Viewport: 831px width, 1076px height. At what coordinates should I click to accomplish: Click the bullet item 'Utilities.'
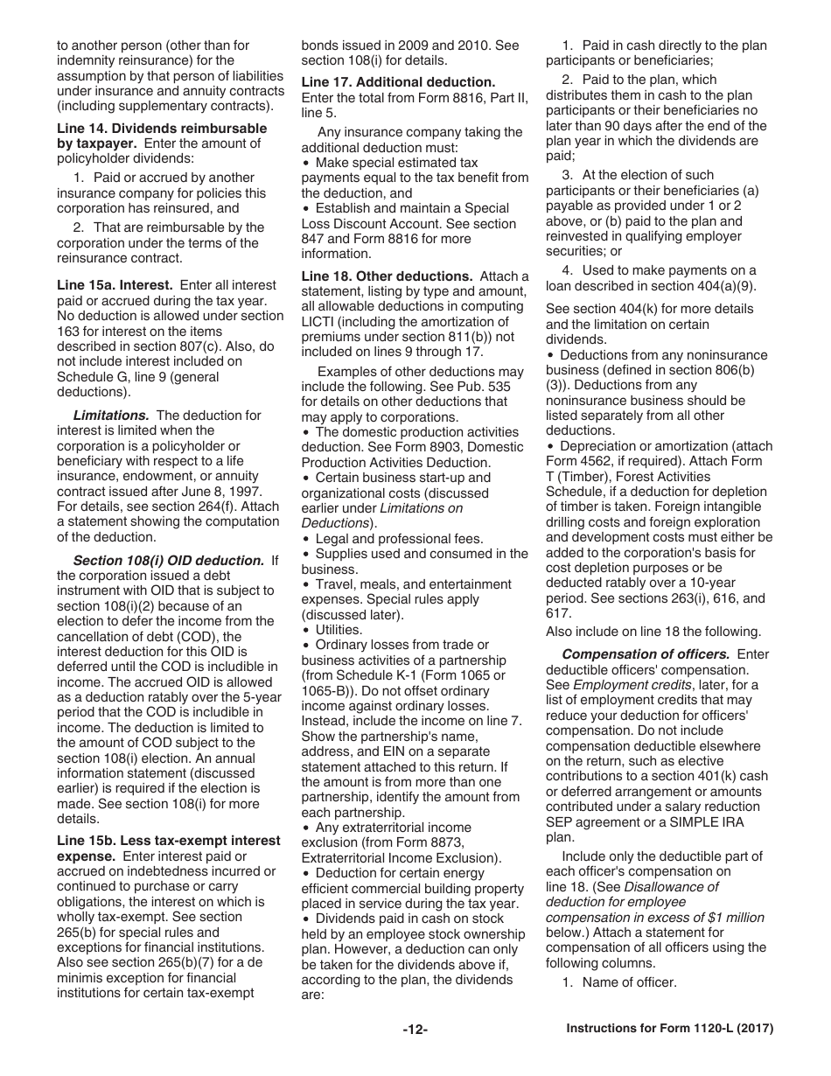click(339, 630)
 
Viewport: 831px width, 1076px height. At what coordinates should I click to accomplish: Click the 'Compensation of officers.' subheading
click(646, 654)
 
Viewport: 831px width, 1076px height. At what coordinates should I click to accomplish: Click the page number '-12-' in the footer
click(415, 1030)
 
